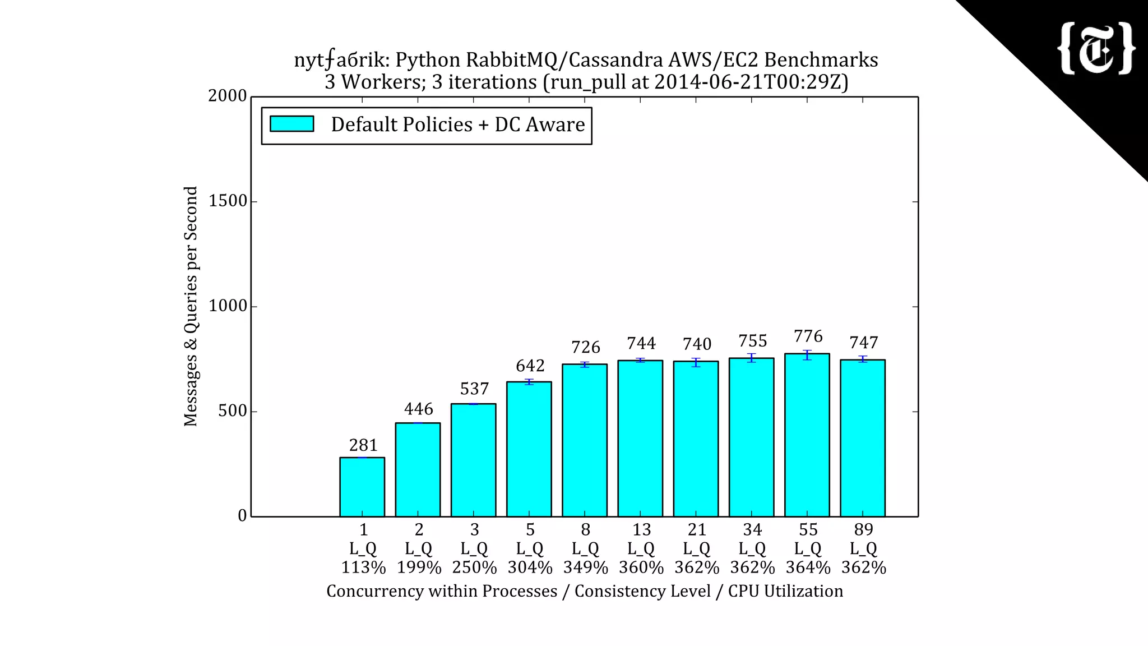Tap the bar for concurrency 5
coord(529,449)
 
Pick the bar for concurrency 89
coord(863,437)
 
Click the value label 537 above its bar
coord(474,389)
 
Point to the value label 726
coord(586,347)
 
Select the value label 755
coord(752,341)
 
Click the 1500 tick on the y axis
coord(228,201)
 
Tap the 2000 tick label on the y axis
coord(228,96)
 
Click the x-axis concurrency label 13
coord(641,529)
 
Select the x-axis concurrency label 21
coord(697,529)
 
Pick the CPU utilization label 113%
coord(363,567)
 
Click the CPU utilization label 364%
coord(808,567)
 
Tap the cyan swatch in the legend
coord(291,124)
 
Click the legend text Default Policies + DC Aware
coord(457,124)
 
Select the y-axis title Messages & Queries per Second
coord(191,306)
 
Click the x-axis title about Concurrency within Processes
coord(585,591)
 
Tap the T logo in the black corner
coord(1096,49)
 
